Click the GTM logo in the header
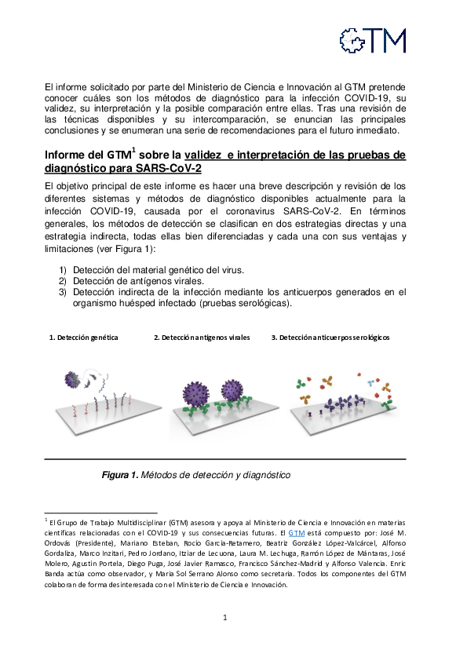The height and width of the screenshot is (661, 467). click(372, 40)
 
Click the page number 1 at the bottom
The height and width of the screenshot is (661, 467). click(225, 618)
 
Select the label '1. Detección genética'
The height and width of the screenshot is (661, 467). click(84, 338)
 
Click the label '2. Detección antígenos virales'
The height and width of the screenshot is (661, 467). click(202, 338)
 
